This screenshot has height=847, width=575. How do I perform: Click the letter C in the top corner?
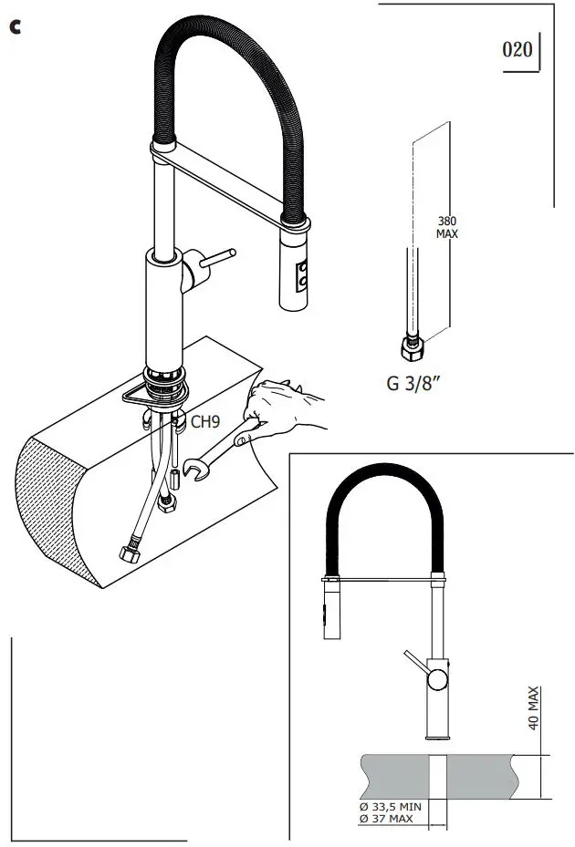coord(15,27)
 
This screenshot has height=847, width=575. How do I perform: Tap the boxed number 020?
coord(517,49)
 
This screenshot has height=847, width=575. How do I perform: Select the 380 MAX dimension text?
coord(447,227)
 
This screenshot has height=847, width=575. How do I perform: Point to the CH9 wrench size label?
coord(204,421)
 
